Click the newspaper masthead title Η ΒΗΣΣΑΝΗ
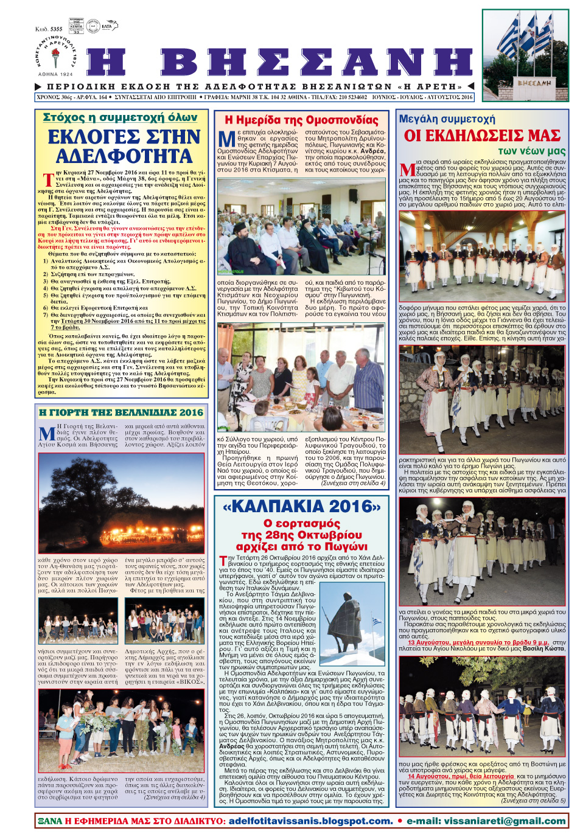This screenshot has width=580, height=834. [x=280, y=63]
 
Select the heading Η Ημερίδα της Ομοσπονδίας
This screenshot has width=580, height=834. [x=301, y=120]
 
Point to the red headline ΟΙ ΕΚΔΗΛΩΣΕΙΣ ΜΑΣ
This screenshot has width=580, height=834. [x=482, y=135]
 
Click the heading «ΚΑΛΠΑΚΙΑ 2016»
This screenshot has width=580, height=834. [x=301, y=506]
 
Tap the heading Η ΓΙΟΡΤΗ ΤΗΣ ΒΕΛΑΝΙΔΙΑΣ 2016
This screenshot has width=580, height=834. [x=121, y=412]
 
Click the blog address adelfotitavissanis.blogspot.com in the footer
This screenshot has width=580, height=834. [x=310, y=821]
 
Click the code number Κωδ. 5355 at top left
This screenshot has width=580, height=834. [x=49, y=29]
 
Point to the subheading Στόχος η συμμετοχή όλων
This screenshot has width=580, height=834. [x=120, y=117]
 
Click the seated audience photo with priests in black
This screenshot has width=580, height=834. [x=301, y=226]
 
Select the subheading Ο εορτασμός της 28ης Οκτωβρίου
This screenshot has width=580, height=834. [x=301, y=535]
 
